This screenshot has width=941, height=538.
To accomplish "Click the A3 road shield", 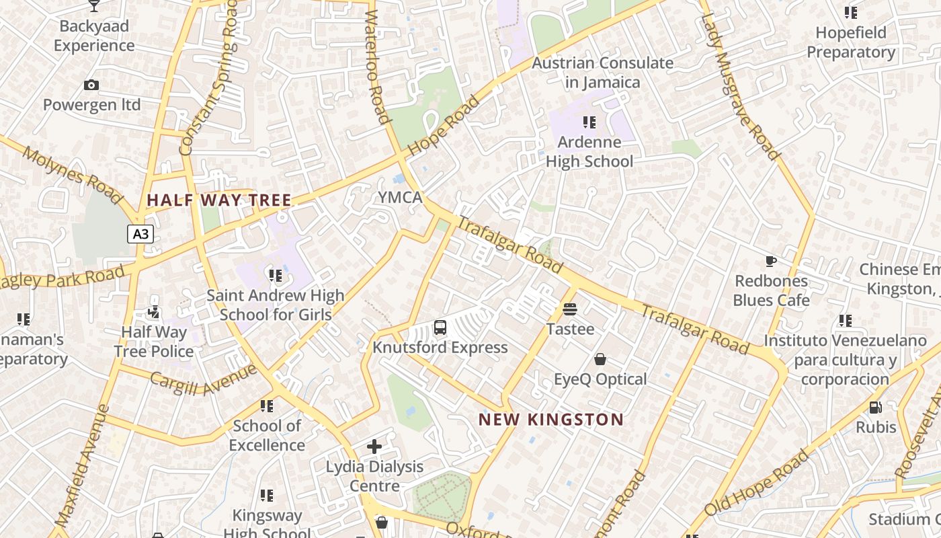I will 140,234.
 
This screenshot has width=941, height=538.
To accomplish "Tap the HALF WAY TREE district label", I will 219,200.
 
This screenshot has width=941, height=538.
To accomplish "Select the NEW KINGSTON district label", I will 550,420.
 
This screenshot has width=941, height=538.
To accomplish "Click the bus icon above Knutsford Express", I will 440,328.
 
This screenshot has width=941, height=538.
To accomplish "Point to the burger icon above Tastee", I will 570,309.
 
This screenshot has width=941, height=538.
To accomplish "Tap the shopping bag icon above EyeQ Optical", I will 600,360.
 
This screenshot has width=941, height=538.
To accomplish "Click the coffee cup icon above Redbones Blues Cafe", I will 771,261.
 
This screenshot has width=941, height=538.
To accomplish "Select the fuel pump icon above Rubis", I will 875,407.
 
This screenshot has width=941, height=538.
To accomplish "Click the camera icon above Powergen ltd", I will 91,85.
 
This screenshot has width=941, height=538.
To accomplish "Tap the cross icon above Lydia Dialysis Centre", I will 374,447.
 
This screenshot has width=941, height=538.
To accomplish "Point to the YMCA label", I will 400,198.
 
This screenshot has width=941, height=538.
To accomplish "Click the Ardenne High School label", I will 589,152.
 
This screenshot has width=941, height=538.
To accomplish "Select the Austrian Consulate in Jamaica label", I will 602,73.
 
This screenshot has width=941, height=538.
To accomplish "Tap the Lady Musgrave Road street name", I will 741,81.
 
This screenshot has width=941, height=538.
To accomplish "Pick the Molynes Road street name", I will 73,175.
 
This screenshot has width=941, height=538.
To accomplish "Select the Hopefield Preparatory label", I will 851,42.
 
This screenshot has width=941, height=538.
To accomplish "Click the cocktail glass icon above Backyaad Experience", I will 94,6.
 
